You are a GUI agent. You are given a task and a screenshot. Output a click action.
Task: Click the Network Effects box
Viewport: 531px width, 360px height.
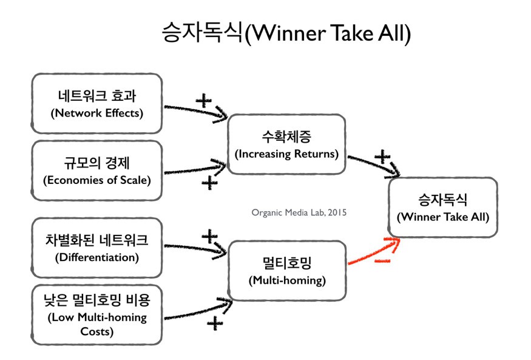(x=96, y=104)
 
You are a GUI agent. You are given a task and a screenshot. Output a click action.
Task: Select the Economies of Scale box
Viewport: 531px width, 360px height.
(x=96, y=171)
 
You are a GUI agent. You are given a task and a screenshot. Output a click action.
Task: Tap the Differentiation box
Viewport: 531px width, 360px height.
(x=96, y=248)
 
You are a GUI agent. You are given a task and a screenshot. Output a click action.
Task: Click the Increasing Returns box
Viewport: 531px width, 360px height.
(x=286, y=146)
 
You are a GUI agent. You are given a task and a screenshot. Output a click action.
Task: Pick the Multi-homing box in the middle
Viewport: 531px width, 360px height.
(x=286, y=271)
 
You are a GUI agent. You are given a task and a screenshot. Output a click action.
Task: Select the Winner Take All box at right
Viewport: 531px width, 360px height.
(x=442, y=207)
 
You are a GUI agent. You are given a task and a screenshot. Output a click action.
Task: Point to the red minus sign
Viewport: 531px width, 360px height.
(x=382, y=262)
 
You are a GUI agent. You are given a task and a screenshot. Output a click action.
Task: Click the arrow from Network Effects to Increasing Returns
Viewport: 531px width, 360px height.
(x=194, y=111)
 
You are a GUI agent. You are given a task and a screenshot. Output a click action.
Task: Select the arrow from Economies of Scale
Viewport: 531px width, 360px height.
(x=194, y=168)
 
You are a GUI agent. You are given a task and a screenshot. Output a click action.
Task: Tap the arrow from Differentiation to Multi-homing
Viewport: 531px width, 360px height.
(x=194, y=248)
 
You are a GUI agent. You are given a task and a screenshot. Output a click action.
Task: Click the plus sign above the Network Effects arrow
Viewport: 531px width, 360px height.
(x=204, y=100)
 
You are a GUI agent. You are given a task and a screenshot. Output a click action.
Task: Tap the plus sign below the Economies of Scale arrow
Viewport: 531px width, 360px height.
(x=209, y=182)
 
